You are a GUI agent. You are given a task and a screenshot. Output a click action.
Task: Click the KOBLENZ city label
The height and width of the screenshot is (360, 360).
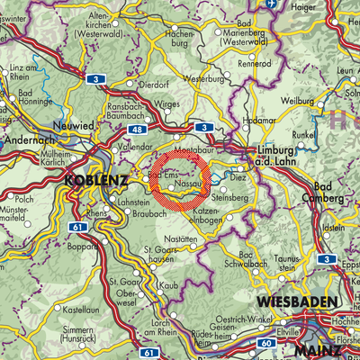click(90, 181)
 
